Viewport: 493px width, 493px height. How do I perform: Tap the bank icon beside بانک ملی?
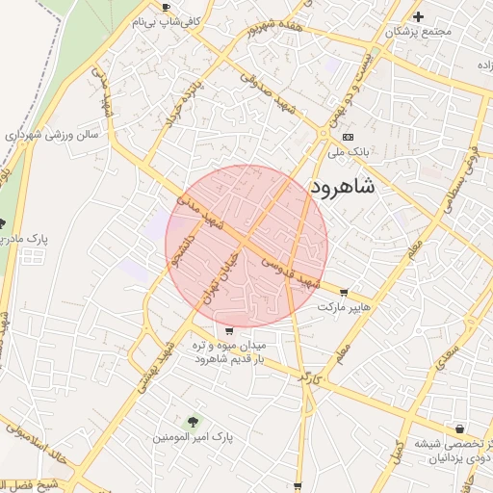348,137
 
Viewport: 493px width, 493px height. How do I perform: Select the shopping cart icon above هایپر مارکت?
344,293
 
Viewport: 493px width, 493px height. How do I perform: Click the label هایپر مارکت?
345,306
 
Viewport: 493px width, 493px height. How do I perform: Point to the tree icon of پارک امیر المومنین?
193,421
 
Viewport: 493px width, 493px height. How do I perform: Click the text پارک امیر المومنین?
193,436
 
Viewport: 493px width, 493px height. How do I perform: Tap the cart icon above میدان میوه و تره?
228,331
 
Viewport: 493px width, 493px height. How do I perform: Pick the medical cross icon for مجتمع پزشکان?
418,16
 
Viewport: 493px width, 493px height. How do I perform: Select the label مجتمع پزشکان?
418,32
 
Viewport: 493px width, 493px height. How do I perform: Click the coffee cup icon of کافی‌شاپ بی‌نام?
166,7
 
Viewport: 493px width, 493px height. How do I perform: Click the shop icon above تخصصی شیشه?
458,428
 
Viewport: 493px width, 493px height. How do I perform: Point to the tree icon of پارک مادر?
13,223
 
